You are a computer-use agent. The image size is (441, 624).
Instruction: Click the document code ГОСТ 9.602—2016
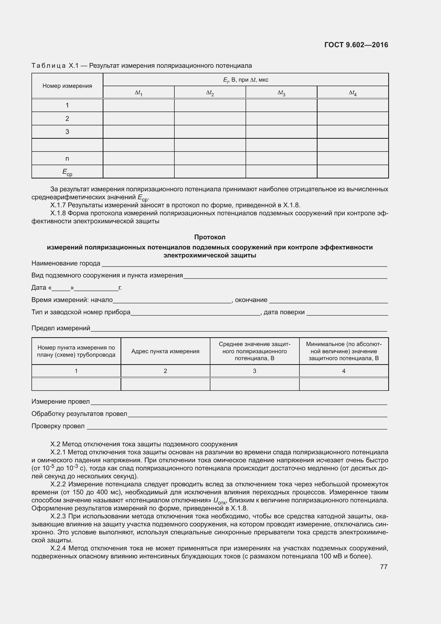pos(356,45)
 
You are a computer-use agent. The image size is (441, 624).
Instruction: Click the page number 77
pos(384,567)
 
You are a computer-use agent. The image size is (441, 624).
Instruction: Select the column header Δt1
pos(138,93)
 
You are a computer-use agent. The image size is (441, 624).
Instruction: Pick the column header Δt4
pos(352,93)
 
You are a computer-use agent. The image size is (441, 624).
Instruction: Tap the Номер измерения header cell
pos(67,86)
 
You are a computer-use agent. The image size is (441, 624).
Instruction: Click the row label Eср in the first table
pos(67,172)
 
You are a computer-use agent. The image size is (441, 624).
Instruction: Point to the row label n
pos(67,158)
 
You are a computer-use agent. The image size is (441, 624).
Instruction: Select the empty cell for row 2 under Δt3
pos(281,118)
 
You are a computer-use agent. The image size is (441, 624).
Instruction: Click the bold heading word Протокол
pos(210,237)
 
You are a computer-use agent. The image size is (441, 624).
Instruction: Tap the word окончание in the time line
pos(251,300)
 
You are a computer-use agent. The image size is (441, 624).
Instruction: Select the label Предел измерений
pos(61,328)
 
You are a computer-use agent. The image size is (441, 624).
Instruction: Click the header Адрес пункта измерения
pos(165,351)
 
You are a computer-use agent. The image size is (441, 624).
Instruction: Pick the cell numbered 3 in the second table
pos(254,371)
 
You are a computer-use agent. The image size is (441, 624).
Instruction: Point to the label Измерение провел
pos(60,402)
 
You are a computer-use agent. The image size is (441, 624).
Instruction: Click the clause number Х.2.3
pos(59,516)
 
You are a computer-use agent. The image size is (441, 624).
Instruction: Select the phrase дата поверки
pos(284,312)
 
